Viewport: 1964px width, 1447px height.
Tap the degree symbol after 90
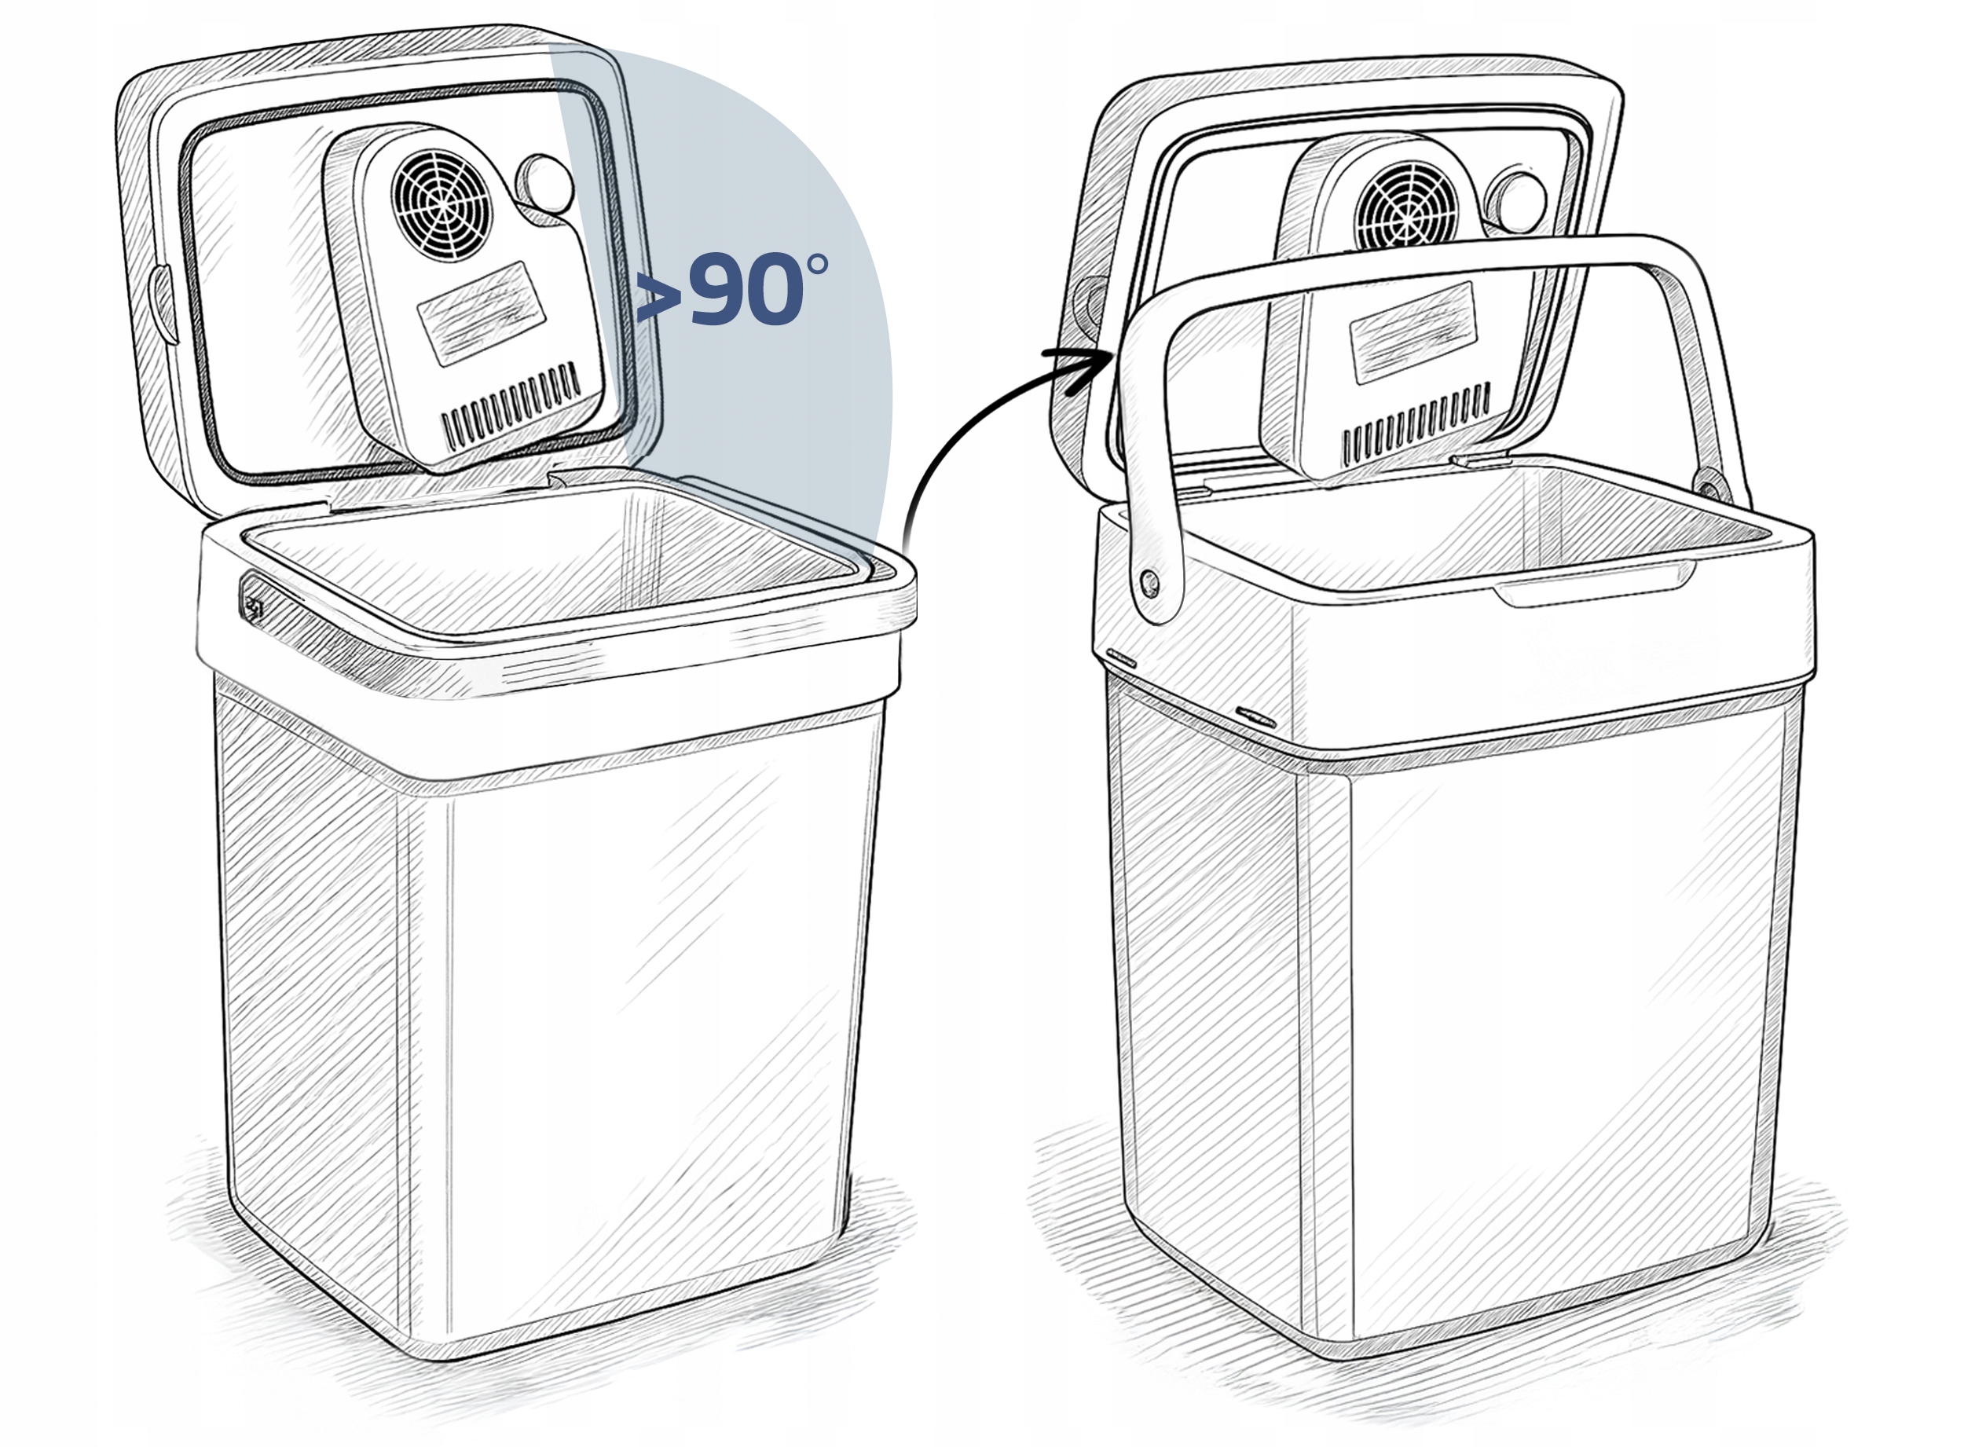[x=816, y=266]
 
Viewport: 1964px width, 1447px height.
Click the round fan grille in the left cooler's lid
[x=438, y=206]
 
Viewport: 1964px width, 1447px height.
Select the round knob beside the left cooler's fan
[x=547, y=184]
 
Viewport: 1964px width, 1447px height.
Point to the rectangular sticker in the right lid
[x=1414, y=333]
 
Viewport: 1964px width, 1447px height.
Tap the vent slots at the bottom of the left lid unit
[x=511, y=405]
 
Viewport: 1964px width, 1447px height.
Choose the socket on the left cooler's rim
[x=253, y=604]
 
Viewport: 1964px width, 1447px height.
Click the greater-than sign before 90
[x=660, y=296]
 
